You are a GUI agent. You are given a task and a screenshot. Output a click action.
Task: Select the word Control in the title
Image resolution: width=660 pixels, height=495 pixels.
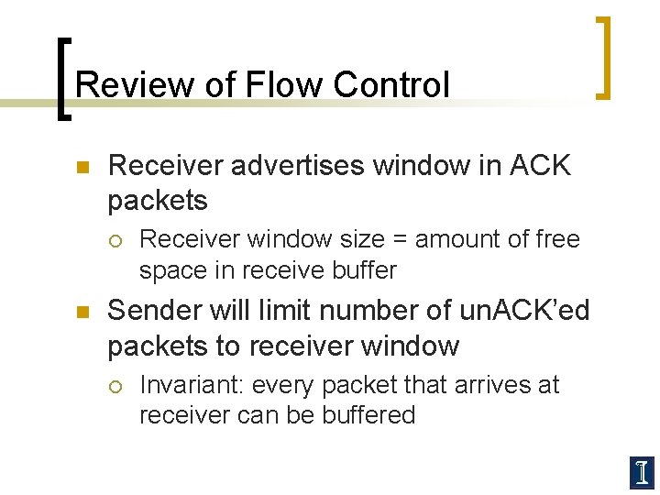pos(392,85)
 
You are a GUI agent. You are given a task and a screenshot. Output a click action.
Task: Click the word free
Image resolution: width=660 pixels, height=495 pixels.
pos(558,239)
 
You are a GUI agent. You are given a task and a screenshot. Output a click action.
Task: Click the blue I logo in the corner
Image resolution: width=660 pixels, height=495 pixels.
pos(642,472)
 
